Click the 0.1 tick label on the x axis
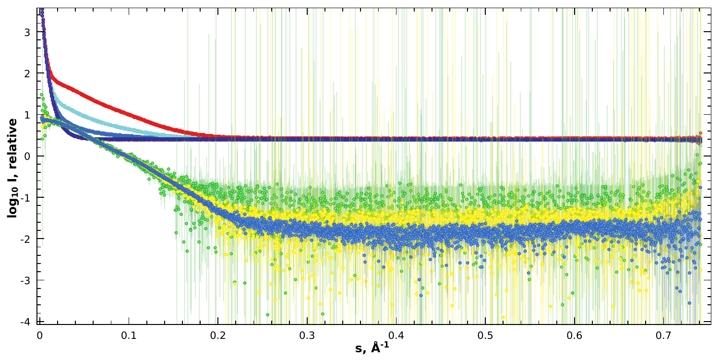click(x=128, y=334)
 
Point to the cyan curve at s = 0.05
click(x=84, y=115)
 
